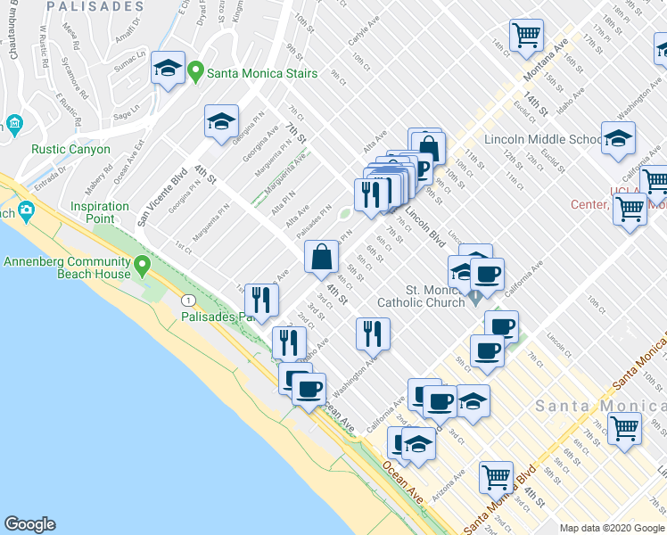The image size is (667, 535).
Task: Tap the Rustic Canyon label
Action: coord(70,150)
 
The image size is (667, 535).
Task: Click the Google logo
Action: coord(29,524)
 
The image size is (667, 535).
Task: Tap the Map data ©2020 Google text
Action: coord(611,528)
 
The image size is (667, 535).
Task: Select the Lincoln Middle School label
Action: coord(541,139)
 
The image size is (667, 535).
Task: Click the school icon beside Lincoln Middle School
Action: coord(618,138)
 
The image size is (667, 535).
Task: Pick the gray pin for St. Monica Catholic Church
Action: coord(476,294)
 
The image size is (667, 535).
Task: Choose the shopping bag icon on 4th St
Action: coord(322,257)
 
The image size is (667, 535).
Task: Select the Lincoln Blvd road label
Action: coord(424,226)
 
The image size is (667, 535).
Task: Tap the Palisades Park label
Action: coord(217,317)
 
